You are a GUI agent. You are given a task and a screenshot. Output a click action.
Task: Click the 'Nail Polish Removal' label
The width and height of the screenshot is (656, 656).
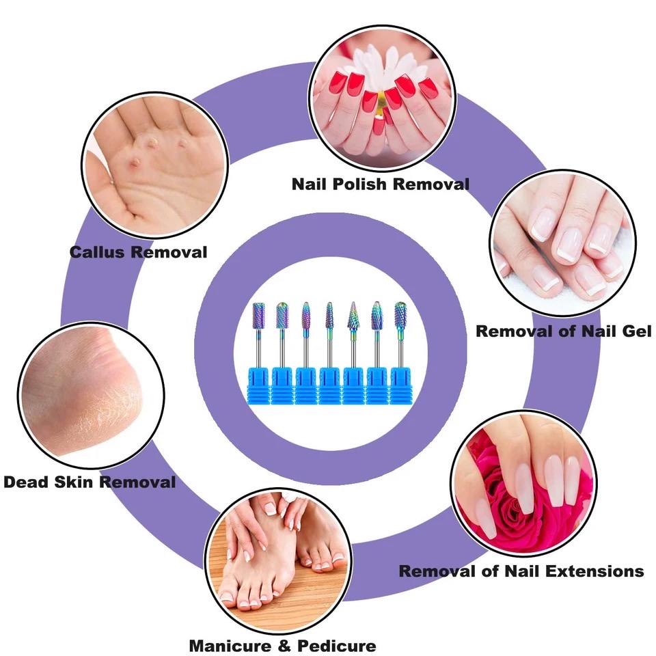[380, 184]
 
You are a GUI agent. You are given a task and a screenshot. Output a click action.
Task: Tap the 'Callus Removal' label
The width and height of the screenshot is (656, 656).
[138, 252]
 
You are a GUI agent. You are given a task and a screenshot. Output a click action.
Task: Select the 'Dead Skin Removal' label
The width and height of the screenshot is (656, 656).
[90, 482]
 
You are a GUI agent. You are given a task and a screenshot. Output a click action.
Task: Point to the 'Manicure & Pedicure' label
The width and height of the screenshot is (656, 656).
[282, 645]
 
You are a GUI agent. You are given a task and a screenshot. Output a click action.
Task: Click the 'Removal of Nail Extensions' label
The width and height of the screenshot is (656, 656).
[521, 571]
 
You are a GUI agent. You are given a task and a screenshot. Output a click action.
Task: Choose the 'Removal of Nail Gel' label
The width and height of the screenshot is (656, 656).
[563, 331]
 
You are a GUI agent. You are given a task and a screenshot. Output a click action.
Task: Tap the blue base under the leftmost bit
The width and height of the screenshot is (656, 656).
[259, 387]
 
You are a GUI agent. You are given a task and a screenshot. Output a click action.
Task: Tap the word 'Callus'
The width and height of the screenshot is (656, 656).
[97, 252]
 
